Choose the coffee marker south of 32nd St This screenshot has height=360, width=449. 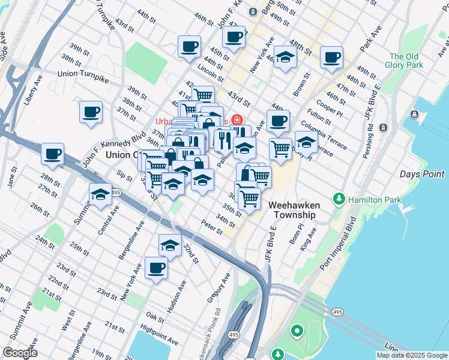156,268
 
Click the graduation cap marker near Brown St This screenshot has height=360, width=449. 286,57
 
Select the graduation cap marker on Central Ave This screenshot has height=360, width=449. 101,194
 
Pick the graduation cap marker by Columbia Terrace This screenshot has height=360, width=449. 306,142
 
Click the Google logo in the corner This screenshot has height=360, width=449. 20,353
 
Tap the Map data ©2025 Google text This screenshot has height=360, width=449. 412,355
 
